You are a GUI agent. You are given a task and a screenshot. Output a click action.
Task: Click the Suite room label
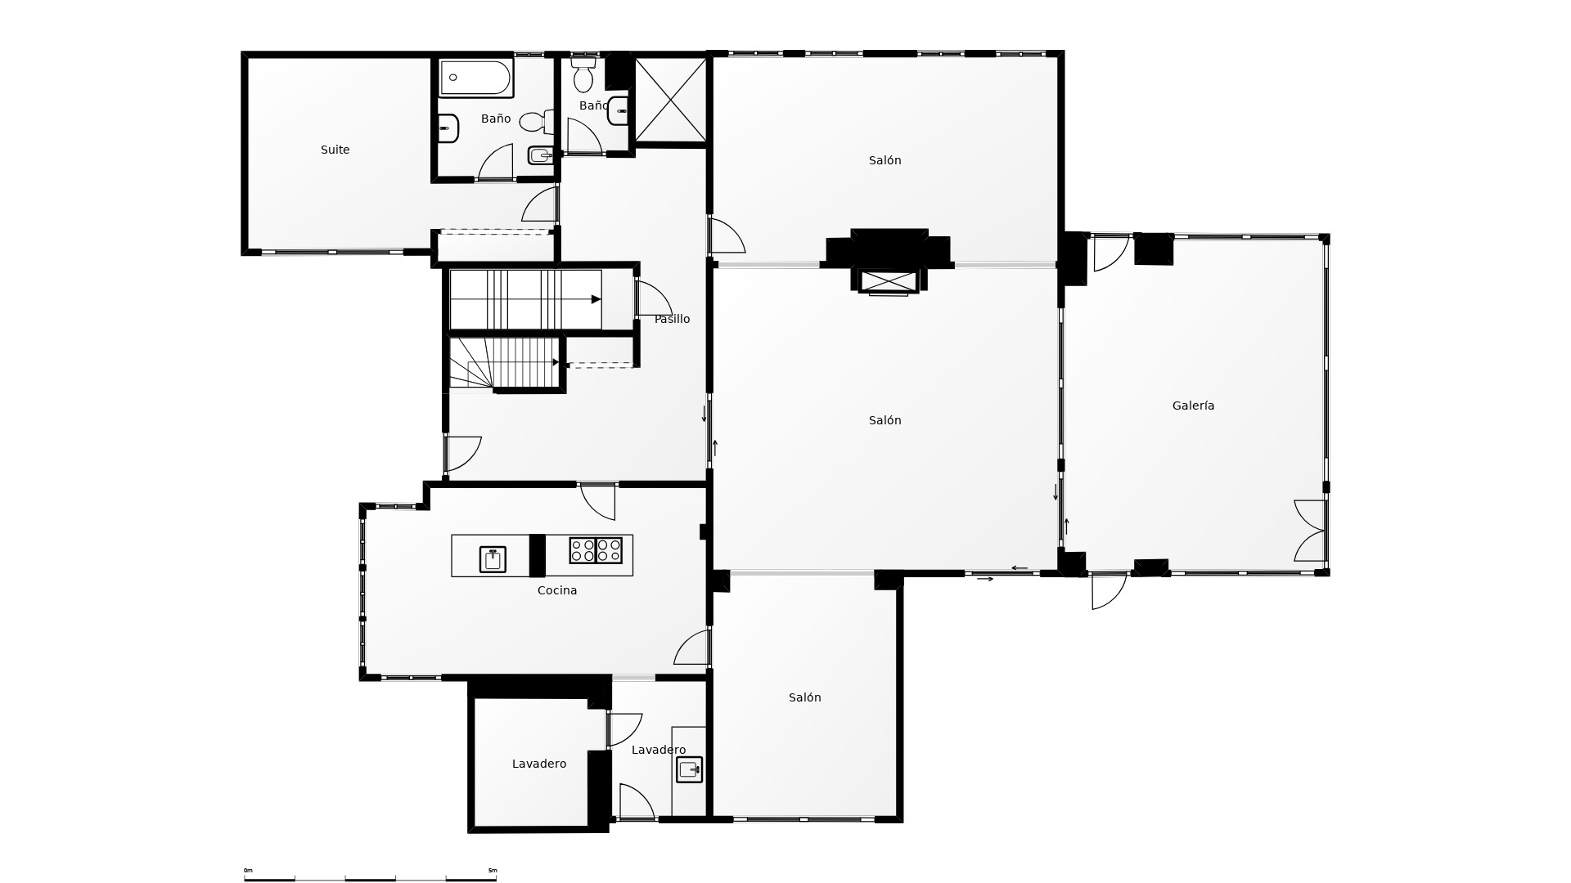[x=335, y=150]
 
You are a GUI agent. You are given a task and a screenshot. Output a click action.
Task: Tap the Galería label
[x=1193, y=406]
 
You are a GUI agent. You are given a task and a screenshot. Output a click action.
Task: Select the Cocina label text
[x=557, y=590]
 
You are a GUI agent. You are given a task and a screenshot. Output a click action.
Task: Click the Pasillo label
[x=673, y=319]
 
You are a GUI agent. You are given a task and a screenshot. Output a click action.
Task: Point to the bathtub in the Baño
[x=476, y=78]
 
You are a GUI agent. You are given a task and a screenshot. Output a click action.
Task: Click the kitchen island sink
[x=493, y=559]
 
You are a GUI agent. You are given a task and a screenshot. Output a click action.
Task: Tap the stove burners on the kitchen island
[x=596, y=550]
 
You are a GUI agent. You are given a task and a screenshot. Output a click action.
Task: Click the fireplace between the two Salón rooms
[x=889, y=260]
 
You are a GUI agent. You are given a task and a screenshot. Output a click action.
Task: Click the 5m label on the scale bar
[x=493, y=870]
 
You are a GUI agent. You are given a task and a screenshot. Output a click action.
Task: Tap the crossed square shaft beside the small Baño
[x=671, y=100]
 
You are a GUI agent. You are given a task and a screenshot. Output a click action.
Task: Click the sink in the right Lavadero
[x=689, y=769]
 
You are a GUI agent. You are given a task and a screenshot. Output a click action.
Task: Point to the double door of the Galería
[x=1309, y=531]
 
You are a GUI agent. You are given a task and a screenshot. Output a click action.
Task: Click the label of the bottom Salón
[x=805, y=697]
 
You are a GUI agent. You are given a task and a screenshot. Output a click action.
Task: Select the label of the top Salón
[x=885, y=160]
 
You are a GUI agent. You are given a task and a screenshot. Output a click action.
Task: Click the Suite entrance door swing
[x=540, y=204]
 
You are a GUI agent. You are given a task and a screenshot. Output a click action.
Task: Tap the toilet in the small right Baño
[x=583, y=74]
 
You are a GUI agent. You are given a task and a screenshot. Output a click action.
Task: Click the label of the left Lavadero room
[x=539, y=764]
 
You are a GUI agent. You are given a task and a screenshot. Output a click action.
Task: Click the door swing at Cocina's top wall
[x=598, y=502]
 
